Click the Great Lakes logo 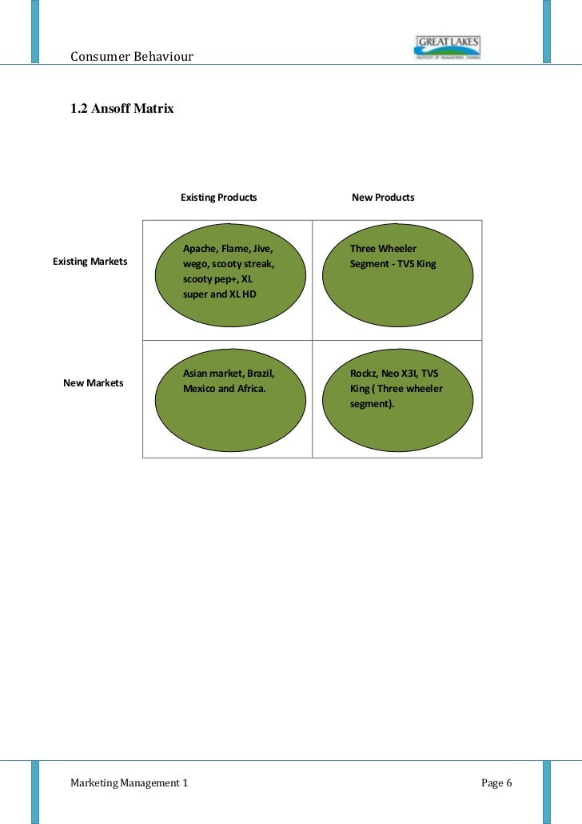click(x=447, y=48)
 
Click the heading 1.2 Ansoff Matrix click(x=122, y=109)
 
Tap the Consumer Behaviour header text click(x=132, y=56)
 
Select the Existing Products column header click(x=219, y=197)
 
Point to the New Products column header click(x=383, y=197)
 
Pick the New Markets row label click(x=93, y=382)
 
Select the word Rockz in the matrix click(x=364, y=374)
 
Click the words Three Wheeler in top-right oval click(x=383, y=248)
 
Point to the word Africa click(x=249, y=389)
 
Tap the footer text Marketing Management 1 click(x=130, y=782)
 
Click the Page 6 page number click(x=496, y=782)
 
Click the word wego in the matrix click(x=196, y=263)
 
